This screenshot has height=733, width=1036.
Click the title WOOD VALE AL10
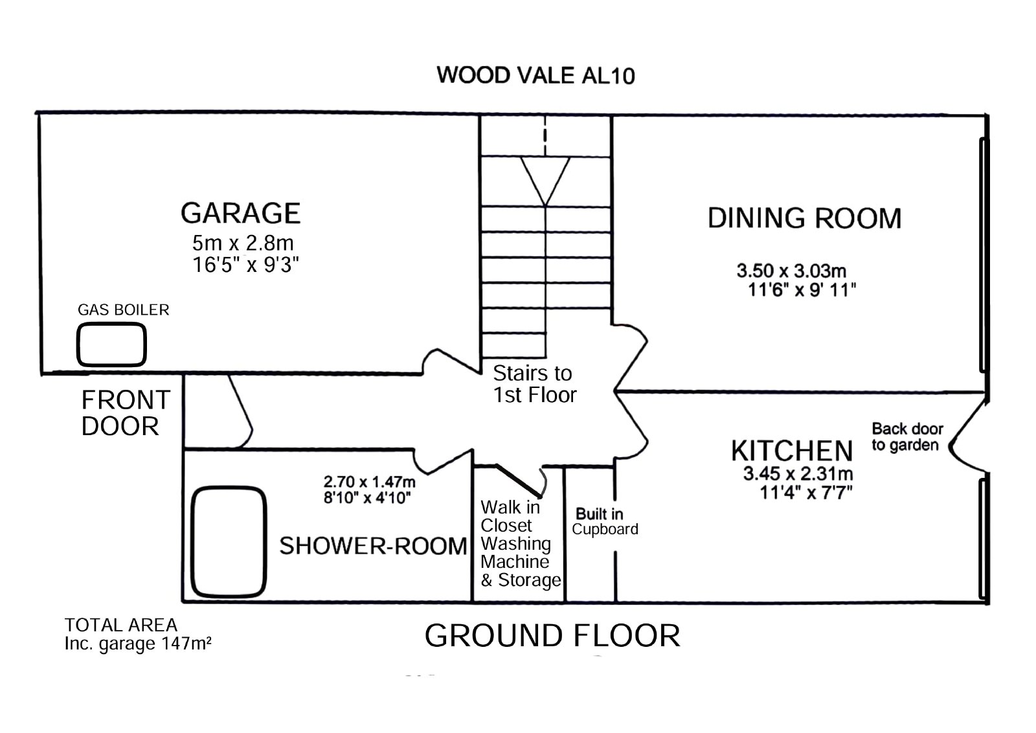pos(535,75)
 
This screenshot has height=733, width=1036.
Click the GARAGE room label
pos(240,213)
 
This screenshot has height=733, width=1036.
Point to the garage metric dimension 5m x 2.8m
pos(243,243)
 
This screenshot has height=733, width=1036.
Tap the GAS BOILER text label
pos(124,310)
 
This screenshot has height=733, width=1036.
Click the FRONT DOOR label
pos(126,413)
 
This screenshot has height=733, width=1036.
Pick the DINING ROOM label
pos(805,218)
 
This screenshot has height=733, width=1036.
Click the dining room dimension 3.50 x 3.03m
pos(791,271)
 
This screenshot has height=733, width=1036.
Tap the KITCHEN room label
pos(792,451)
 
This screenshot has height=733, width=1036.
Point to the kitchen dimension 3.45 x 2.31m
pos(798,473)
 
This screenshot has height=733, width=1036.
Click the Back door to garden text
pos(907,437)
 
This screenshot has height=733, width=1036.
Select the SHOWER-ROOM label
pos(373,546)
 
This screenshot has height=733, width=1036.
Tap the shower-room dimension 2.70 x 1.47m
pos(369,482)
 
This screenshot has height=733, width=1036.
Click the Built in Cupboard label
pos(605,522)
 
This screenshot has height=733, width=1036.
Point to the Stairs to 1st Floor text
pos(535,384)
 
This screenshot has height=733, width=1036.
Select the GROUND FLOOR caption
pos(552,636)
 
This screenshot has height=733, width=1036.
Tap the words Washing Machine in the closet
pos(515,553)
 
